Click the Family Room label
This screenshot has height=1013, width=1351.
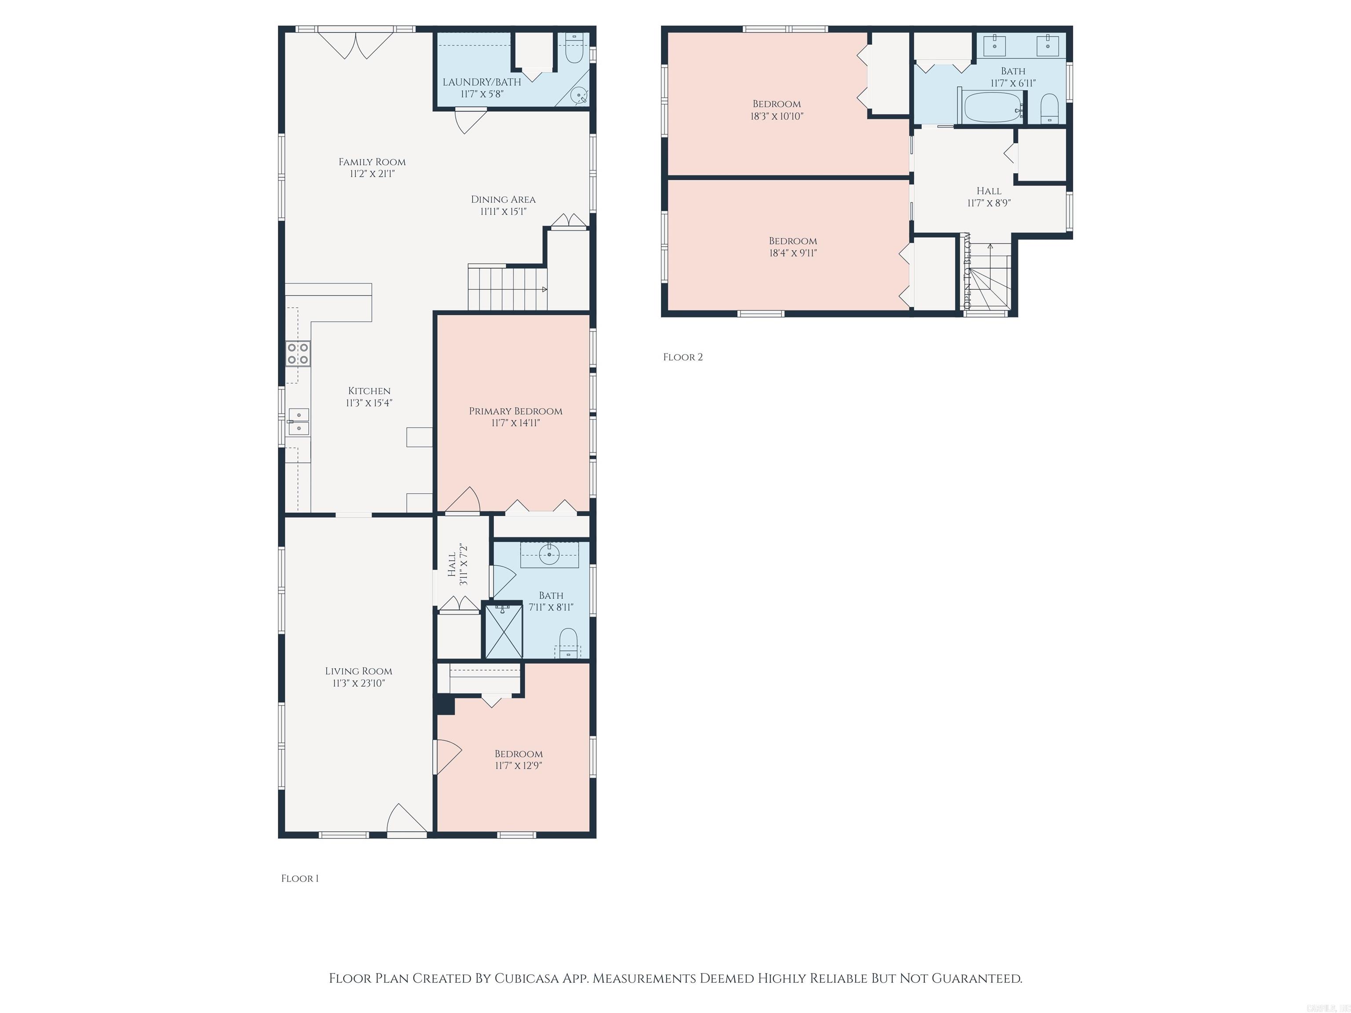click(372, 162)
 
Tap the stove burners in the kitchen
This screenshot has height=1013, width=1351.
click(298, 353)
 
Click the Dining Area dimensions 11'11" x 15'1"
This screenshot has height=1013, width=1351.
click(503, 211)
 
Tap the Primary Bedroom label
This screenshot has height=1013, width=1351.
click(515, 411)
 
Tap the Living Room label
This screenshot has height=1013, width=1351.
click(358, 671)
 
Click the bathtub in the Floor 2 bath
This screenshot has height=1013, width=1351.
click(993, 107)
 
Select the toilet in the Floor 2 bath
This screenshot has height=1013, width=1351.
click(1049, 109)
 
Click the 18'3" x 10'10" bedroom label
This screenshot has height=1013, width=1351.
click(776, 104)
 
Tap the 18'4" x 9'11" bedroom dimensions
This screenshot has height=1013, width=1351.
click(793, 253)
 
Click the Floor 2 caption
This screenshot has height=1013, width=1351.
click(683, 357)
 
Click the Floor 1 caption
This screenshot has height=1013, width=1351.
click(299, 878)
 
